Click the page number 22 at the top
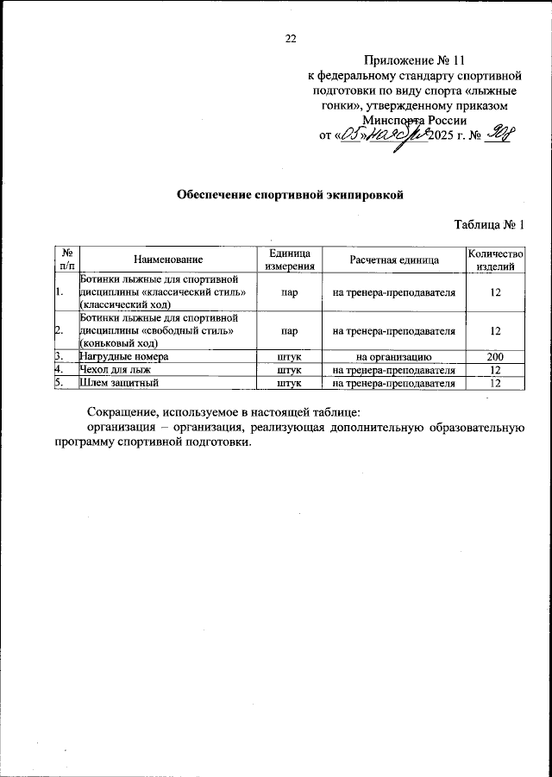click(x=291, y=38)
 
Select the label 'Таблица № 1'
click(x=490, y=226)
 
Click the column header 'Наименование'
click(x=168, y=260)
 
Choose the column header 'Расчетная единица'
click(x=393, y=260)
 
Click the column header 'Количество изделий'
click(x=495, y=260)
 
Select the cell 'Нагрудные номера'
click(x=123, y=356)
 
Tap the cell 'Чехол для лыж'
click(x=115, y=369)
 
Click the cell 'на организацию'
click(x=393, y=356)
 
